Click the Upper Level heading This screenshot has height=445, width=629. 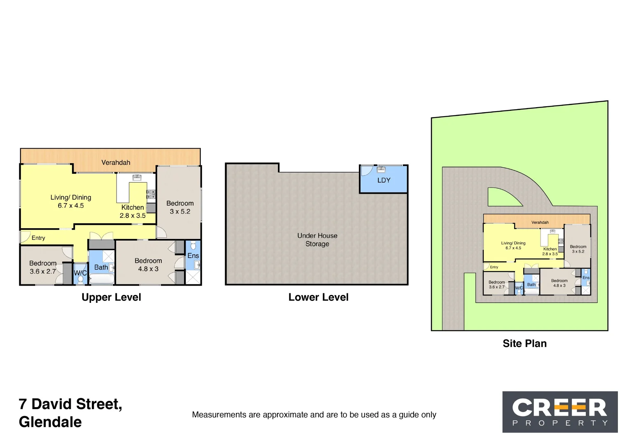(x=111, y=297)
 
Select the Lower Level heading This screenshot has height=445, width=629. (x=318, y=297)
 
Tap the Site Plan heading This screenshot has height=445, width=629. (x=524, y=344)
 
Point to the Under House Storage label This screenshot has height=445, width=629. (x=317, y=240)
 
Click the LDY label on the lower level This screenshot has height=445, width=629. (x=384, y=180)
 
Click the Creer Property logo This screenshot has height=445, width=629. (x=560, y=412)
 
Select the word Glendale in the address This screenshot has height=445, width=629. (x=50, y=422)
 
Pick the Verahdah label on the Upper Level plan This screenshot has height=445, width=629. (x=116, y=163)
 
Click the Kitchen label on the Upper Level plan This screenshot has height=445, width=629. (x=133, y=208)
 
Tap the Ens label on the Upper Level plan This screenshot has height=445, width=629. (x=193, y=256)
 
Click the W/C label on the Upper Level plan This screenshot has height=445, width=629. (x=80, y=273)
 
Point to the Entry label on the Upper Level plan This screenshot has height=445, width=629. (x=38, y=238)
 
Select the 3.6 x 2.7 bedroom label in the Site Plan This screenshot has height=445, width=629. (x=496, y=285)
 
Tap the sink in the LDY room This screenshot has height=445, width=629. (x=381, y=169)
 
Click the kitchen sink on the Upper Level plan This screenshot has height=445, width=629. (x=137, y=178)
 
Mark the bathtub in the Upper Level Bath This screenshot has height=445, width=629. (x=102, y=279)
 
